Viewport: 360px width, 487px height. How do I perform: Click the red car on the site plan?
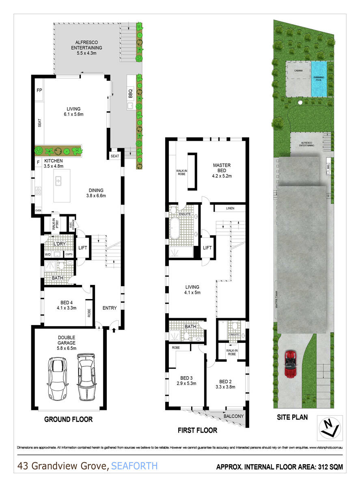tap(291, 364)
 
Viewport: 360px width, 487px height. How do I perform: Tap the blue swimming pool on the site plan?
tap(319, 79)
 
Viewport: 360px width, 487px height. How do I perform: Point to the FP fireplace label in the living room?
tap(39, 90)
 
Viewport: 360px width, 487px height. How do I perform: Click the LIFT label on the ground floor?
tap(83, 247)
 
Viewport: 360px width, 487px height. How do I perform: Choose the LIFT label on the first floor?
tap(207, 248)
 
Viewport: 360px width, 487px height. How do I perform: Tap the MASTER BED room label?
tap(222, 170)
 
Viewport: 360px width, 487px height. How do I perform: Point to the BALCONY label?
tap(233, 416)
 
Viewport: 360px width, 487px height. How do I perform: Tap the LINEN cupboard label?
tap(229, 208)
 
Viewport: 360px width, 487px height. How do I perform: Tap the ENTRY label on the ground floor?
tap(110, 308)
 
